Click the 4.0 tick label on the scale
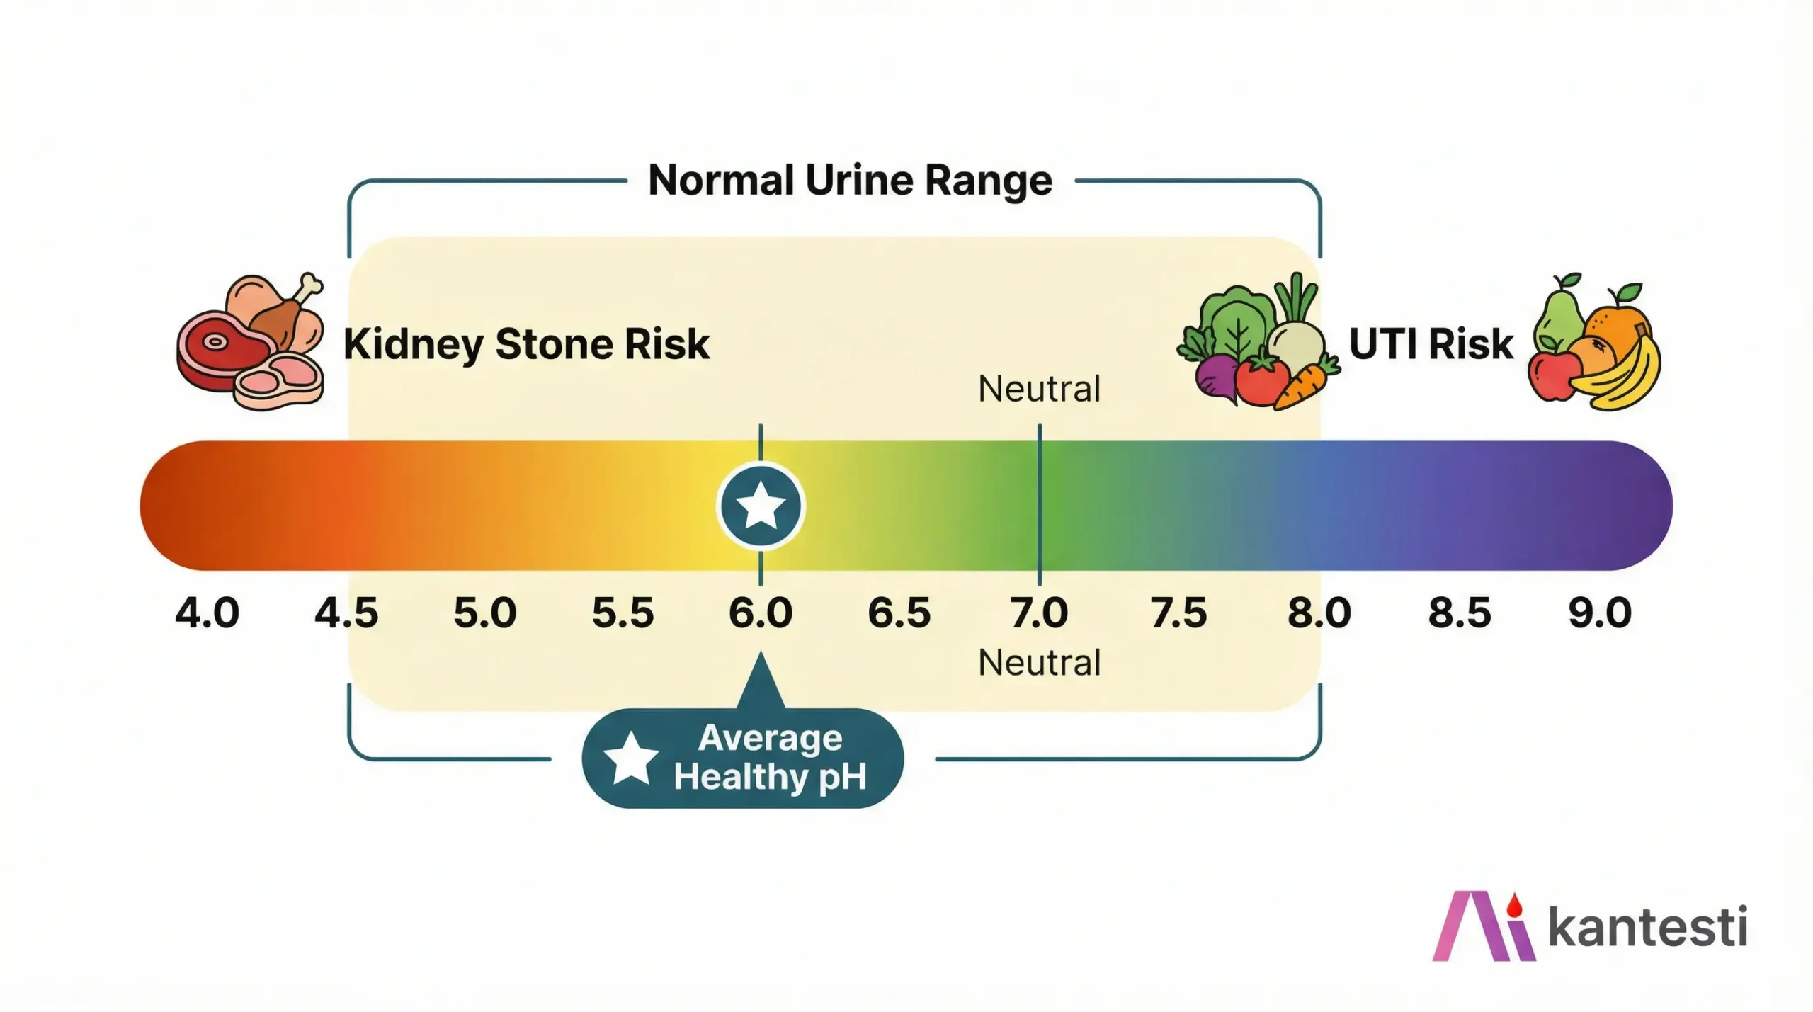(207, 613)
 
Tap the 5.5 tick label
(623, 613)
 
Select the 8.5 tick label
(1460, 613)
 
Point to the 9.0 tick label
(1600, 613)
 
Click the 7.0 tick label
(1039, 613)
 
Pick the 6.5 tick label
(899, 613)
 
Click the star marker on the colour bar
(761, 506)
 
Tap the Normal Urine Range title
(850, 181)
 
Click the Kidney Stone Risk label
(526, 344)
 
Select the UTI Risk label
(1431, 344)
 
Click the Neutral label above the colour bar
(1039, 389)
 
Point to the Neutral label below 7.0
(1039, 663)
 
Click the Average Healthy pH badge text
(771, 758)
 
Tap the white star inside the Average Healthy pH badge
(630, 758)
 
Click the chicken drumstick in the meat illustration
(287, 312)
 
